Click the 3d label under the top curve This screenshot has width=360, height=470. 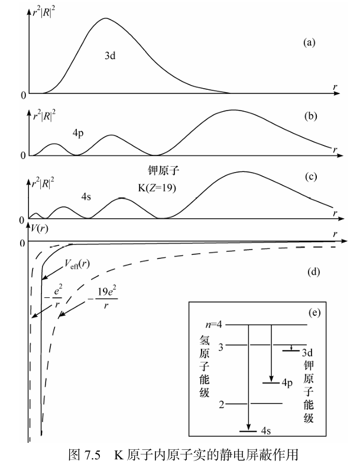point(110,56)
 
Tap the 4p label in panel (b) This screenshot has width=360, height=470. point(78,133)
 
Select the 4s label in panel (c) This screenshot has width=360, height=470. point(86,197)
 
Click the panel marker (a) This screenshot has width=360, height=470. point(309,43)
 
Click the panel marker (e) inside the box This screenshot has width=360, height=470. point(314,313)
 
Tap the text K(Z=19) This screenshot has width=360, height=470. point(157,188)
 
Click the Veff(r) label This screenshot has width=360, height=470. point(77,264)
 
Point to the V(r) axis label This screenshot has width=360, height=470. point(40,229)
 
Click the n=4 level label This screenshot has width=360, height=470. point(214,325)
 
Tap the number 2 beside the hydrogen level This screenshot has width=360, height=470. point(222,404)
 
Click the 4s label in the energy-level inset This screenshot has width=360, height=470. point(266,431)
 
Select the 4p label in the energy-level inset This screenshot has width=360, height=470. point(287,383)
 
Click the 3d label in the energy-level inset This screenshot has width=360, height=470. point(307,352)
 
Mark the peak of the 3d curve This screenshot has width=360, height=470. point(105,18)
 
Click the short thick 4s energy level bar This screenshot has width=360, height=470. point(248,432)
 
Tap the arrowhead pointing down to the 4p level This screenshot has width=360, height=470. point(271,379)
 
